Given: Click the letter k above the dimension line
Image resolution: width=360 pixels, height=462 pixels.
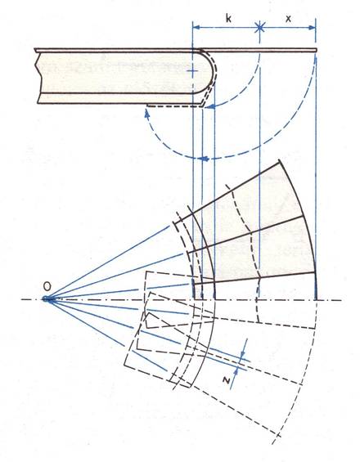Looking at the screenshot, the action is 228,18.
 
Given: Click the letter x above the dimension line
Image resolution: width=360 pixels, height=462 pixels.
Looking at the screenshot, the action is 288,19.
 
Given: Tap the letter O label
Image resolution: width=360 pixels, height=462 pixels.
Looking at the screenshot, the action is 47,285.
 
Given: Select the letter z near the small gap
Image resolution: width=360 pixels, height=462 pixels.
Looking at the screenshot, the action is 227,380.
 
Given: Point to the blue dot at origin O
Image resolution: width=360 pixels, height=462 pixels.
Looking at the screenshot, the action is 46,299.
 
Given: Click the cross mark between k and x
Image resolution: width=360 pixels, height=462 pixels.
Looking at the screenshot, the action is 259,28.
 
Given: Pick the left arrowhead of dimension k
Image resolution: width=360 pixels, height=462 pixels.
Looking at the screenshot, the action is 196,28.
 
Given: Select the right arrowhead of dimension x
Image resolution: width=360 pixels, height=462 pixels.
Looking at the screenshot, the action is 312,28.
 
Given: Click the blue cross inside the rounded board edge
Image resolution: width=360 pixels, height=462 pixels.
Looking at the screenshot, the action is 193,71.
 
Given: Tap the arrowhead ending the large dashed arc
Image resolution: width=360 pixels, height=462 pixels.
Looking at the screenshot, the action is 146,114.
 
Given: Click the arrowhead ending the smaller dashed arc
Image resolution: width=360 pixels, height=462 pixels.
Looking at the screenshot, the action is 210,106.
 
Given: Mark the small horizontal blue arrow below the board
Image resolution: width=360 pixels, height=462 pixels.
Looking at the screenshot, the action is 204,159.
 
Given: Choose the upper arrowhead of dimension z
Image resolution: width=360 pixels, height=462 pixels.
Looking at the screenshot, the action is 244,354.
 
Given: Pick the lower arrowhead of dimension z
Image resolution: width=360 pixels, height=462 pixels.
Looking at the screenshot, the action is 236,372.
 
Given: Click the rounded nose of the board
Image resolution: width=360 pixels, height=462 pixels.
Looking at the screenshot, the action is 210,72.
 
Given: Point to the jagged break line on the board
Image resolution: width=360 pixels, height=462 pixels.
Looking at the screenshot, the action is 38,77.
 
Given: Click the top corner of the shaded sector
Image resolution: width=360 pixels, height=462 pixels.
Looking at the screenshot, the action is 279,160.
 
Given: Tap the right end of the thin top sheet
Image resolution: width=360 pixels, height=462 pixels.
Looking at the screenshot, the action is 317,50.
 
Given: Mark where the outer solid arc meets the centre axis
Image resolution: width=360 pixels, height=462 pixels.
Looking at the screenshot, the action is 316,300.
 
